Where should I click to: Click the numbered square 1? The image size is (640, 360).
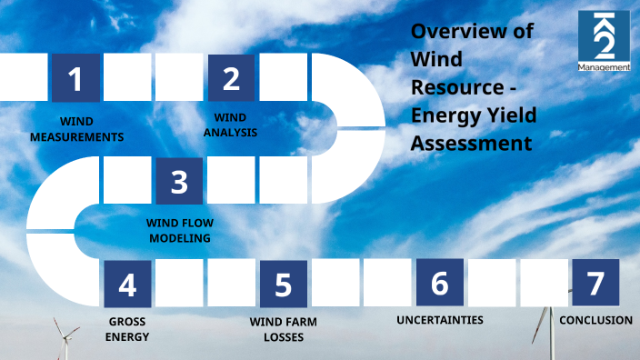[x=75, y=78]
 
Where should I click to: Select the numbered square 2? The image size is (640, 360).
[x=232, y=78]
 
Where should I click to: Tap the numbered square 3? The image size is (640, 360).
[x=179, y=181]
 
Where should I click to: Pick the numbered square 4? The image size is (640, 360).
[x=127, y=284]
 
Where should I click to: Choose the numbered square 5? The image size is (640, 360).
[x=283, y=284]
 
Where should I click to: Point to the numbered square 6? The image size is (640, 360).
[x=439, y=283]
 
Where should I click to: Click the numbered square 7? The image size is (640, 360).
[x=595, y=283]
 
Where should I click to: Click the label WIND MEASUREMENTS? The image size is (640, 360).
[x=76, y=129]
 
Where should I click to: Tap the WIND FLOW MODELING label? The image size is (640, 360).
[x=179, y=230]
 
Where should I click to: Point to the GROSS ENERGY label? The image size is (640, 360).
[x=127, y=329]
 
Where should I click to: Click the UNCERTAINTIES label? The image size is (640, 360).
[x=439, y=320]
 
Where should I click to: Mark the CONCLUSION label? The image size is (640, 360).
[x=595, y=320]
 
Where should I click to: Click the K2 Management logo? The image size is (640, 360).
[x=604, y=41]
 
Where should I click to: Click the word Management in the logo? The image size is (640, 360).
[x=604, y=66]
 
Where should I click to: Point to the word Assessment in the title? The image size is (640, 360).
[x=471, y=144]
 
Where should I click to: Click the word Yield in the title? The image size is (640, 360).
[x=511, y=115]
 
